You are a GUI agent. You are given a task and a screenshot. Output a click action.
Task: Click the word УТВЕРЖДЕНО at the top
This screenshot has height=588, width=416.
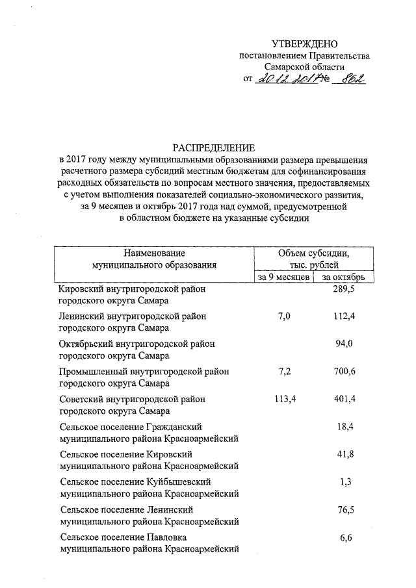(x=305, y=44)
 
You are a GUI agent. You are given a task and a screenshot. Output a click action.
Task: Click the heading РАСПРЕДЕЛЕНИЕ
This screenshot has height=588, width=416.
(x=213, y=147)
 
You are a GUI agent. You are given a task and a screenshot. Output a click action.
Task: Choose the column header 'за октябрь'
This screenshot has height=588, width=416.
(x=344, y=277)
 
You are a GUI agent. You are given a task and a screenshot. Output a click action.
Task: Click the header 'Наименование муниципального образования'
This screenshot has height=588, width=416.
(x=153, y=259)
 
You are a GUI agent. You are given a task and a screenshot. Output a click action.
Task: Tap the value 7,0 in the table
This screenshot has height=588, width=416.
(x=285, y=316)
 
